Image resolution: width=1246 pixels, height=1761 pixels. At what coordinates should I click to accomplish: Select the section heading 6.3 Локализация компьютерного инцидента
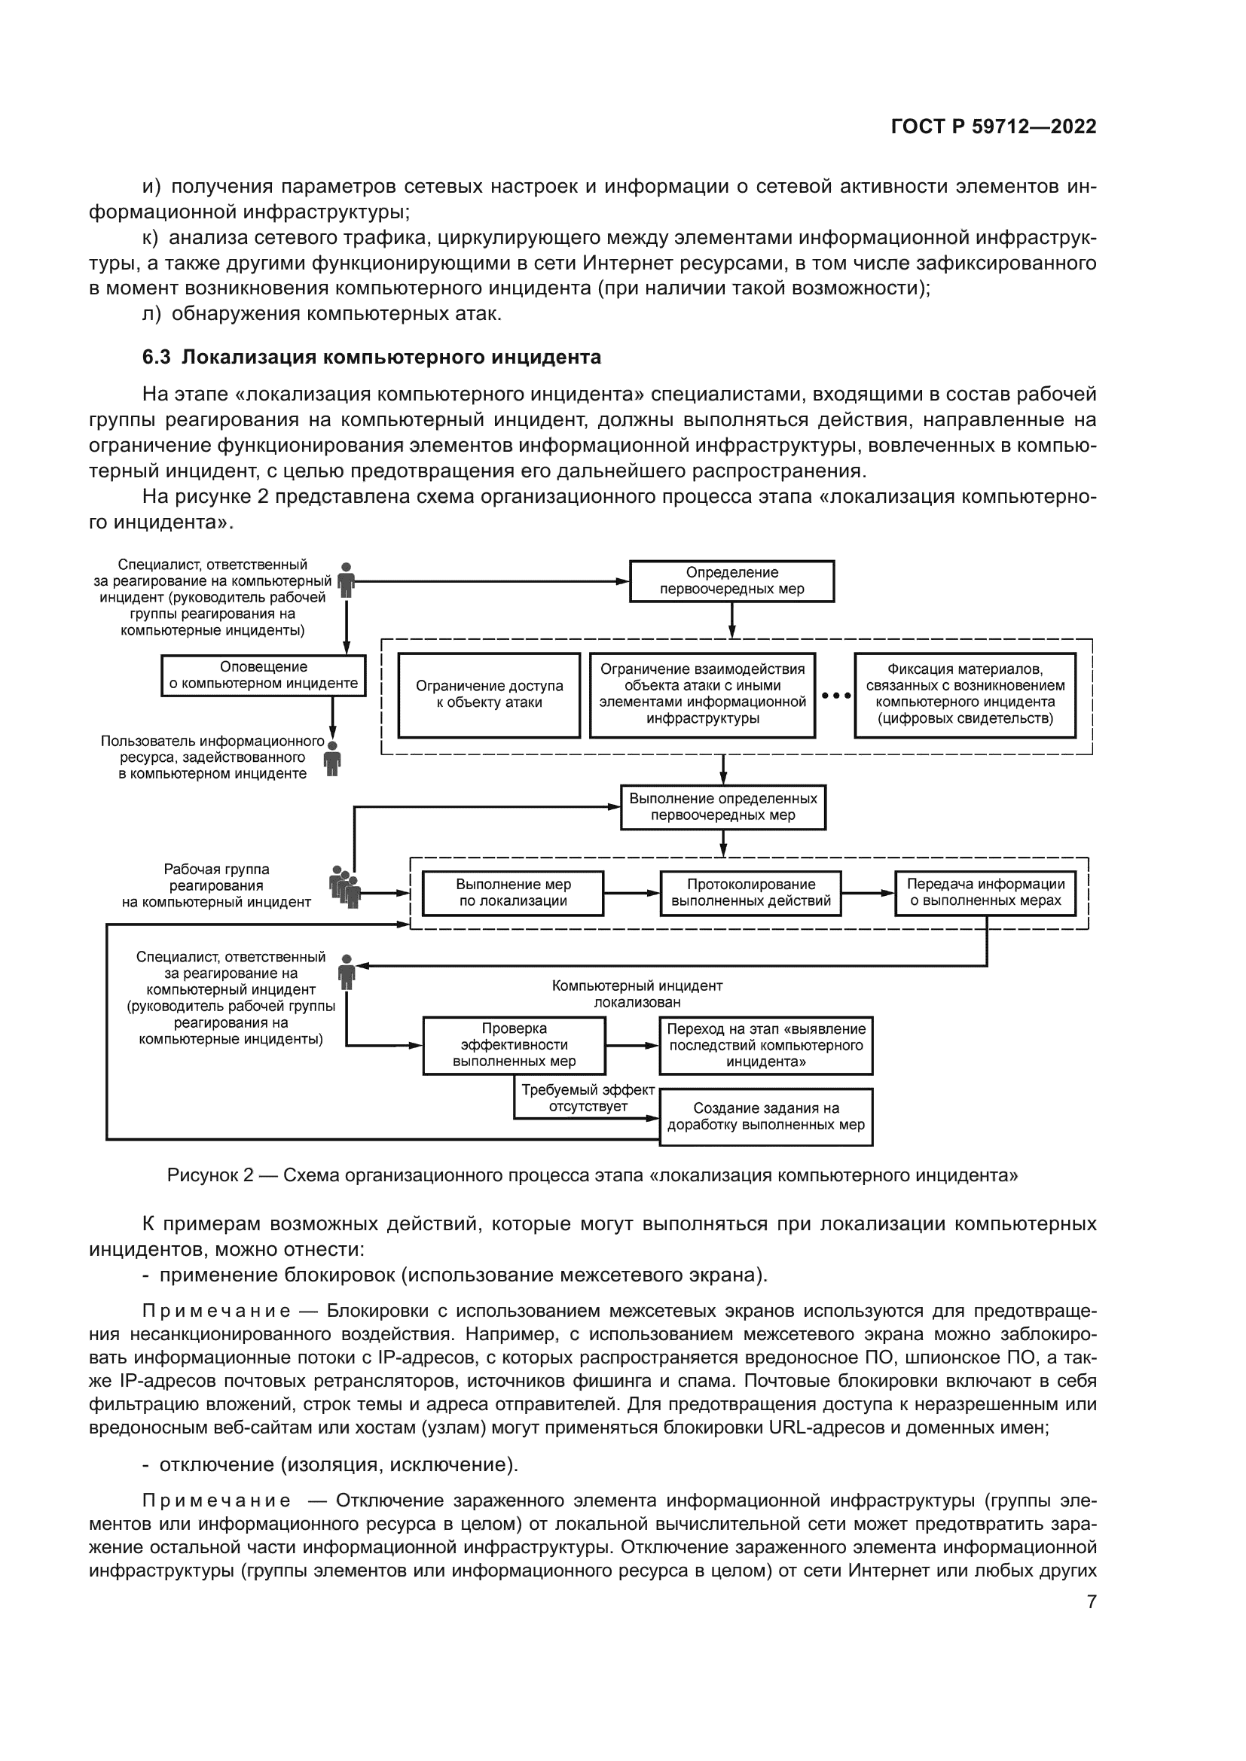[371, 358]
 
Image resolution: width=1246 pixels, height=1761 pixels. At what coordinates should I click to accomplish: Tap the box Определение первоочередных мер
[731, 580]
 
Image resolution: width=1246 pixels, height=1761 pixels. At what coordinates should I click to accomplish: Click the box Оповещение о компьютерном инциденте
[263, 675]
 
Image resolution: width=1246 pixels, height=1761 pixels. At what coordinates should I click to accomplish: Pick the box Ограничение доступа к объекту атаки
[489, 695]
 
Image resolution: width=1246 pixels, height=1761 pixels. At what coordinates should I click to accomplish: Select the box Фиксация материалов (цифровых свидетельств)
[964, 695]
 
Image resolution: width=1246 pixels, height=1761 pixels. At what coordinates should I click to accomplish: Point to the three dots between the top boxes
[835, 696]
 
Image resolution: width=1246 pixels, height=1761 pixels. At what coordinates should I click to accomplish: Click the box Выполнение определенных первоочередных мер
[722, 807]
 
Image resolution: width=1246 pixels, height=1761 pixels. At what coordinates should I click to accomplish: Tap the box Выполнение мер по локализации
[513, 893]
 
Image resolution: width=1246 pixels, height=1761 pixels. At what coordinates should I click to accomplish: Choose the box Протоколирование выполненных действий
[750, 893]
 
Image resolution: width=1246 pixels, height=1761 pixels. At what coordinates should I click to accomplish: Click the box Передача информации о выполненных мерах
[985, 893]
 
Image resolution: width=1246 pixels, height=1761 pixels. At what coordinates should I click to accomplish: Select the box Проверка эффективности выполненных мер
[514, 1046]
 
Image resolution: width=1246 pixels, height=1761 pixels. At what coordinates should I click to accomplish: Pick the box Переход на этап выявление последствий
[765, 1046]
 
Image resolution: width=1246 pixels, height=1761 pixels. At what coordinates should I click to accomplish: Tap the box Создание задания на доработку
[765, 1117]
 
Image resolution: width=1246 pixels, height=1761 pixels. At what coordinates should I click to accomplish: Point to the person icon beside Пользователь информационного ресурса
[332, 758]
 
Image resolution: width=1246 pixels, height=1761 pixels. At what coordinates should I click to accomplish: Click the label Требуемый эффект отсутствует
[588, 1098]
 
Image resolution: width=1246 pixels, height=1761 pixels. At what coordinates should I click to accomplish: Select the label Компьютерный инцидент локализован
[637, 994]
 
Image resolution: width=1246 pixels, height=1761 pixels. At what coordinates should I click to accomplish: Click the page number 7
[1091, 1601]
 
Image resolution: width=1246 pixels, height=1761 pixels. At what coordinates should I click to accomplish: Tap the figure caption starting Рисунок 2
[592, 1176]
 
